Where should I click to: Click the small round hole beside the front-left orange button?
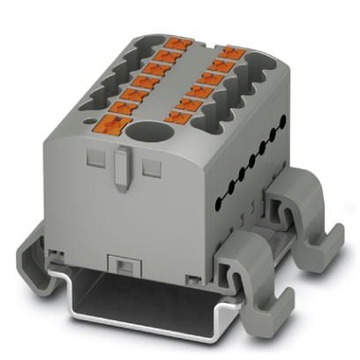pos(94,114)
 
